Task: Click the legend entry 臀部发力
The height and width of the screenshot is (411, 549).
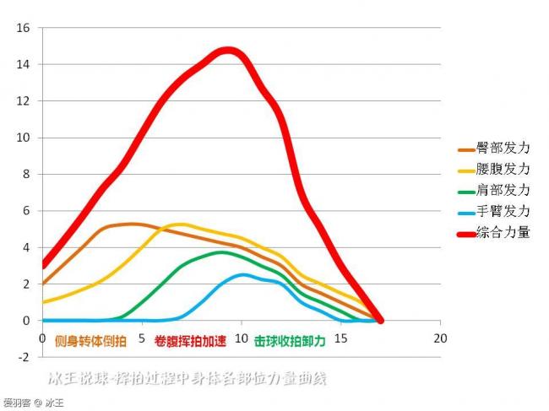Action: click(x=503, y=149)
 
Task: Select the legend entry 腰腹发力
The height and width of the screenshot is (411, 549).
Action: click(x=503, y=170)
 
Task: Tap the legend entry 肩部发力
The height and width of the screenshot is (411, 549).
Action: click(x=503, y=191)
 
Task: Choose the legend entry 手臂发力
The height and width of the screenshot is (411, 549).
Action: click(x=503, y=212)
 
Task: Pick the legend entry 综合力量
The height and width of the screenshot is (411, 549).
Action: click(x=503, y=233)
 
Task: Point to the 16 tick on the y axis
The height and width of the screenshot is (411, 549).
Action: click(x=23, y=28)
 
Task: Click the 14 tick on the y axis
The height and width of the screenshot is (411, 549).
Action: click(x=23, y=64)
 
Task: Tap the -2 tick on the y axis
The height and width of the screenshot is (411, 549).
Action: click(x=23, y=357)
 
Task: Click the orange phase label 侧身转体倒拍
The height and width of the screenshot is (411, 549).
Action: click(x=90, y=342)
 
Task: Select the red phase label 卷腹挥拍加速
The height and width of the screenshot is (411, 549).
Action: click(x=190, y=342)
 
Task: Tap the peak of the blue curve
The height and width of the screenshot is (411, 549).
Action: click(x=243, y=274)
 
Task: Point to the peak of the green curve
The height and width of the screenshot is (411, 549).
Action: click(x=221, y=251)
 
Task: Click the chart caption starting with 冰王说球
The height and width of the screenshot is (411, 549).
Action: click(x=187, y=379)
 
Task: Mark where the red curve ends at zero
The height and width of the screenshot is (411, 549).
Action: click(x=380, y=320)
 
